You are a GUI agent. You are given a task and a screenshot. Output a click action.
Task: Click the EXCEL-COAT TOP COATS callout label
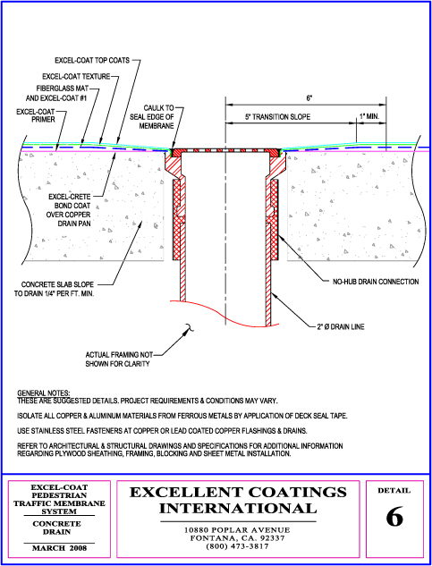[x=92, y=60]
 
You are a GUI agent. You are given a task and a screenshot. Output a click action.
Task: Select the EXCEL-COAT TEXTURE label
[x=76, y=77]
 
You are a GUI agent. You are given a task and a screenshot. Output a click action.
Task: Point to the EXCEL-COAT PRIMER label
[x=36, y=115]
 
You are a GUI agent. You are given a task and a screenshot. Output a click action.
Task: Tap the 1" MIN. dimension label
[x=369, y=116]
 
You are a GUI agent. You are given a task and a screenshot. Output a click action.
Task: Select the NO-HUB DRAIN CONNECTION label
[x=376, y=282]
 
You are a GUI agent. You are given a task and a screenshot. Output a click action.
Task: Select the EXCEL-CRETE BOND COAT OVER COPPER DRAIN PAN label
[x=70, y=210]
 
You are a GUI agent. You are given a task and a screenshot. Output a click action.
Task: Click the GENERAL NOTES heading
[x=44, y=393]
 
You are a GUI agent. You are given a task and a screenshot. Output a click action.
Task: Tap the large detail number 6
[x=394, y=517]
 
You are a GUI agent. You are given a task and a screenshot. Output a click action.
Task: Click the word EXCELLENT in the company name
[x=188, y=492]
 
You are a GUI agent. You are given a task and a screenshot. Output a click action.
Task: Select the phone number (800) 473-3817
[x=237, y=547]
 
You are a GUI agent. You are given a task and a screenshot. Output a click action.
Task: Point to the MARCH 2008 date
[x=60, y=548]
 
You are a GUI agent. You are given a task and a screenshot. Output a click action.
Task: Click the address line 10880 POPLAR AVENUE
[x=237, y=530]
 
